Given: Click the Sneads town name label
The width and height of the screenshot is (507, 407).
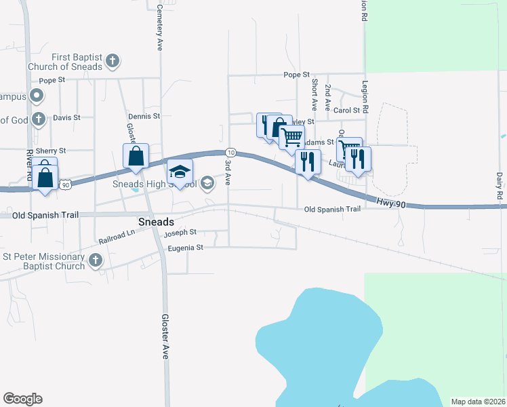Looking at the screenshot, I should pos(156,222).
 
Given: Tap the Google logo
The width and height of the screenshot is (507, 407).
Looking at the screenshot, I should pos(22,399).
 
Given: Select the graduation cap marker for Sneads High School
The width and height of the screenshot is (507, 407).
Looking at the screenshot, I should pos(180,172).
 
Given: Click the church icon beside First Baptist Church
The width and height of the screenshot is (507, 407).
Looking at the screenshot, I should pos(113,62).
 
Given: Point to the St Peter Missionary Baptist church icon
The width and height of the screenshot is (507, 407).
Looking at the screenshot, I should pos(96,260).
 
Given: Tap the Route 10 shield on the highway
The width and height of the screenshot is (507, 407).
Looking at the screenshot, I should pos(231,152).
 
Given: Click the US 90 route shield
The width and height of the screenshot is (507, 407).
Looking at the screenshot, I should pos(65,184).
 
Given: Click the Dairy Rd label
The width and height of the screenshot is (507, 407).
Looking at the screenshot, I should pos(499,185).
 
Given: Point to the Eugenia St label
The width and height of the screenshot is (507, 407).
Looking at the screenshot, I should pos(186,248).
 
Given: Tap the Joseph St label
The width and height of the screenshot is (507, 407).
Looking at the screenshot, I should pos(180,232).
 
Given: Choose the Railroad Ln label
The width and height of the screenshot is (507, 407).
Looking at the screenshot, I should pos(117,236).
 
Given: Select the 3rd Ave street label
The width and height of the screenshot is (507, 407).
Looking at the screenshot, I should pos(228,173).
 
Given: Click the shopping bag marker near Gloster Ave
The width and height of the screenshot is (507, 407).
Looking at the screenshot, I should pos(136,156).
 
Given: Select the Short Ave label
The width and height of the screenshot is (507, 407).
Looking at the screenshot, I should pos(315,94).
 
